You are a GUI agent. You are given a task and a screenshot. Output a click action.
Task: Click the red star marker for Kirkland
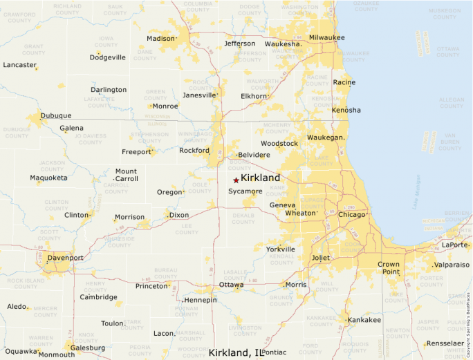[236, 180]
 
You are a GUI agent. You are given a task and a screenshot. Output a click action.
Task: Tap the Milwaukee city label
[327, 37]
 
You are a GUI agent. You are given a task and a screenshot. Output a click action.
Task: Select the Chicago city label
[351, 215]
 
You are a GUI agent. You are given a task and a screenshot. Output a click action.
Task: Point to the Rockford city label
[194, 151]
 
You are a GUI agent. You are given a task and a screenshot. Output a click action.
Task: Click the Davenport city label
[66, 258]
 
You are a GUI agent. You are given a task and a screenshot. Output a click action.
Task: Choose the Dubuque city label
[56, 115]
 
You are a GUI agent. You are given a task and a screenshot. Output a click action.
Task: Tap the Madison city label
[161, 39]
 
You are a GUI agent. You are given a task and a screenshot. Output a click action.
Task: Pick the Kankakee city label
[364, 320]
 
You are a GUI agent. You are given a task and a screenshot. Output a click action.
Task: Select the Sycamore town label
[245, 191]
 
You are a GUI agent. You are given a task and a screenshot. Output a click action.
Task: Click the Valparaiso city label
[452, 265]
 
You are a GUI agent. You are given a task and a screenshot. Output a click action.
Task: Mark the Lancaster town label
[19, 65]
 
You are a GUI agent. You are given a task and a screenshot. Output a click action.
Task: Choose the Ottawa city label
[231, 285]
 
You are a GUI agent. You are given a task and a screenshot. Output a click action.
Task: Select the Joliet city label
[321, 258]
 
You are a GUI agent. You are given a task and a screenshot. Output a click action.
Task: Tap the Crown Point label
[389, 268]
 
